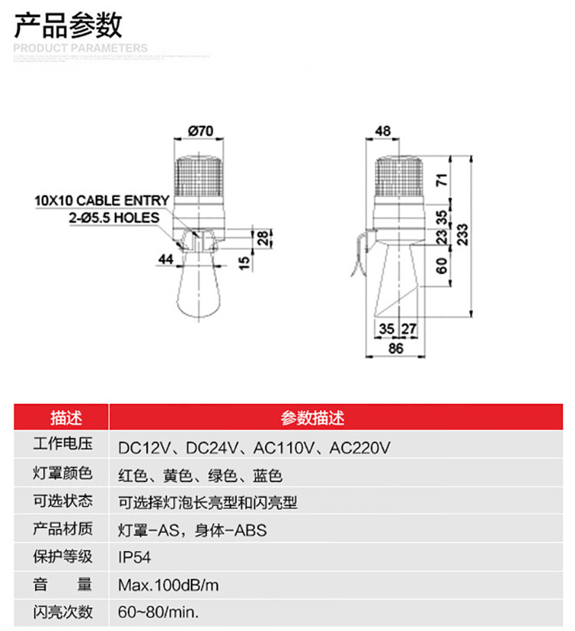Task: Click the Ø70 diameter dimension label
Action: click(201, 131)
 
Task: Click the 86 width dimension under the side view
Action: click(395, 348)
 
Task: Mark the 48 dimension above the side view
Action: click(383, 131)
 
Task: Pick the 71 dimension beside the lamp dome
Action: click(442, 182)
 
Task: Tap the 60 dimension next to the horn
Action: click(442, 266)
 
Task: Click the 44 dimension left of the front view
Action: click(166, 259)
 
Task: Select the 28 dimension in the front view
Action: click(262, 237)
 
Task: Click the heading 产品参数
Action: click(69, 25)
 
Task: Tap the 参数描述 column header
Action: click(312, 418)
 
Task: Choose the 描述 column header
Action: click(63, 418)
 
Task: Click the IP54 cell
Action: click(135, 557)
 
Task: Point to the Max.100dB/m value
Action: click(169, 585)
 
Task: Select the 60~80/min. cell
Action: click(159, 613)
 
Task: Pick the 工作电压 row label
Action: click(63, 445)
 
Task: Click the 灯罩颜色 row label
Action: click(63, 474)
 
